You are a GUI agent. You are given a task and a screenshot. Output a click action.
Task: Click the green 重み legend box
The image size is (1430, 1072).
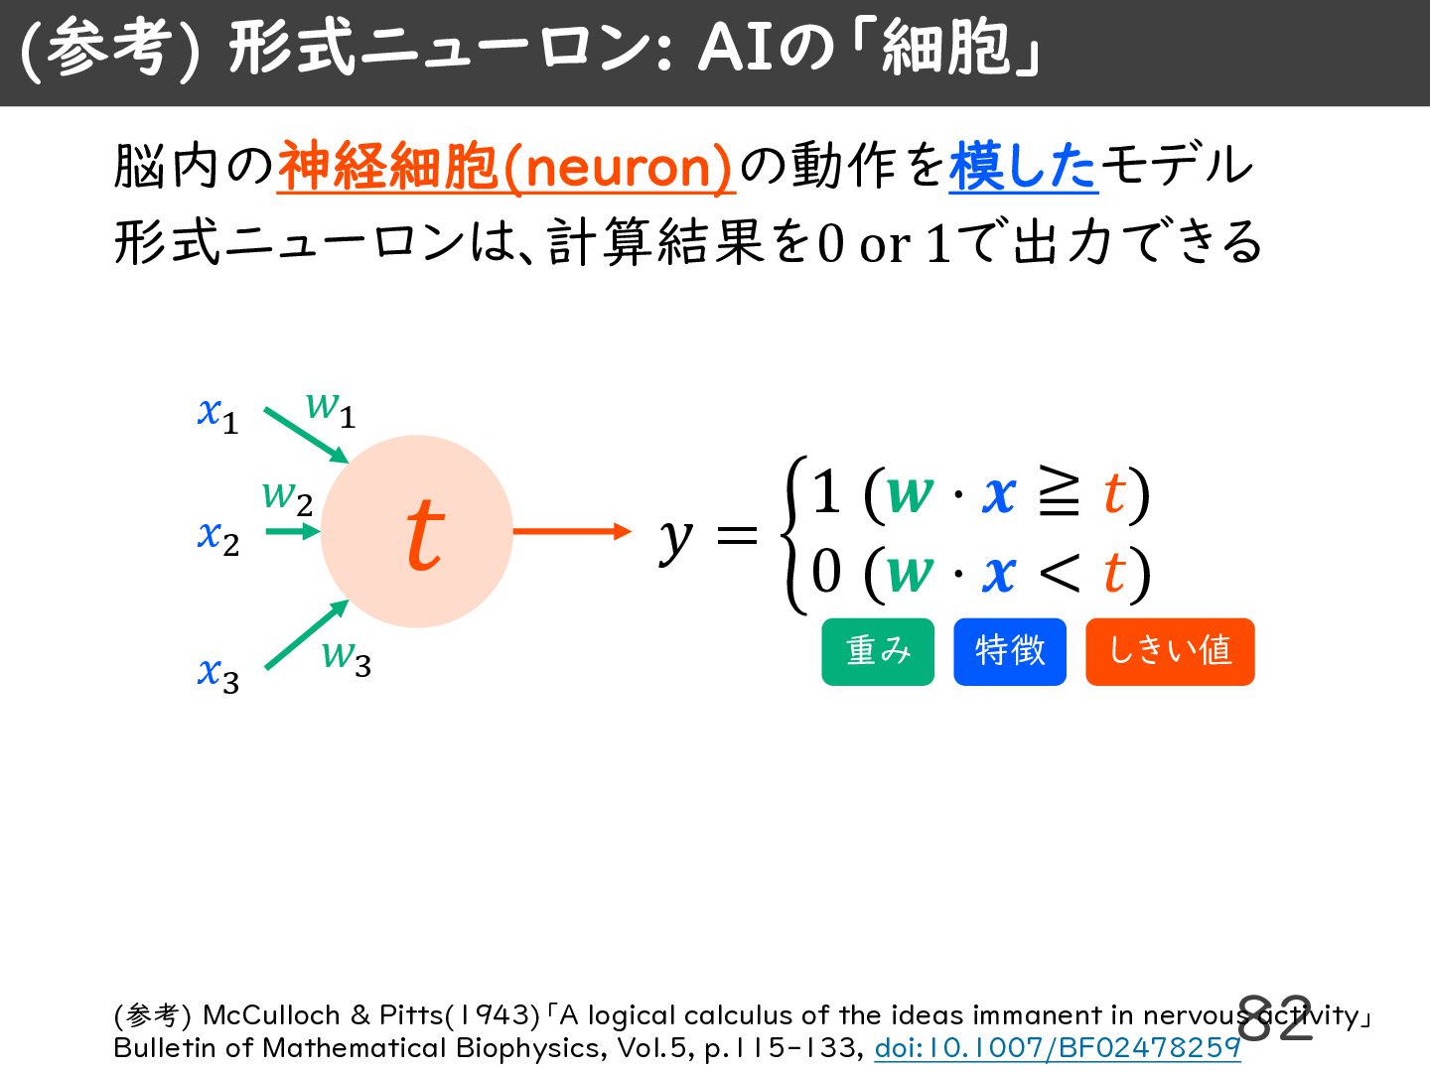pos(878,651)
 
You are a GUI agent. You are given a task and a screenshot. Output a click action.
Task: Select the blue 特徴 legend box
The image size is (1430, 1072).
pos(1010,651)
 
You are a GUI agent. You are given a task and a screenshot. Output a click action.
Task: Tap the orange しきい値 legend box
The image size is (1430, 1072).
pos(1170,651)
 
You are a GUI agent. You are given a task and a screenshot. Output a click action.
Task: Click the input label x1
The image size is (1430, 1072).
pos(218,415)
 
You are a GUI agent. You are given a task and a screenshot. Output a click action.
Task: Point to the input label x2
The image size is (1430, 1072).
pos(218,538)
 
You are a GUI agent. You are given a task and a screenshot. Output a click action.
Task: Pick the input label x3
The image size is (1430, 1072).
pos(218,675)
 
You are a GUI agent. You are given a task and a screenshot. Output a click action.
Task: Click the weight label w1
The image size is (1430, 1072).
pos(331,410)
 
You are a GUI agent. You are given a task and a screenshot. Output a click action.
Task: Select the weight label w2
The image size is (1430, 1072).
pos(287,498)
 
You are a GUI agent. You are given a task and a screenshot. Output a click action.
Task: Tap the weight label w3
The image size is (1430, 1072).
pos(347,657)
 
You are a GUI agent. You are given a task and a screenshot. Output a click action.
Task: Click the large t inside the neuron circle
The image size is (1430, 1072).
pos(425,534)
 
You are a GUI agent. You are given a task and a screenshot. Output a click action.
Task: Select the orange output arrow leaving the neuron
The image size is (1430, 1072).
pos(572,532)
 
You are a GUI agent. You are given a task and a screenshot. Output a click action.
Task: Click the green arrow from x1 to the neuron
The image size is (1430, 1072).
pos(306,436)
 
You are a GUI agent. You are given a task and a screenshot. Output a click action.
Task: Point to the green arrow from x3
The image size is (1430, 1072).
pos(307,634)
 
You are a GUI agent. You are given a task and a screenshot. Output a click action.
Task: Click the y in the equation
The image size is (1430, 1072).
pos(675,539)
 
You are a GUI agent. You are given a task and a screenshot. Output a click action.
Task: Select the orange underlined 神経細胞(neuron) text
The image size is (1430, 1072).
pos(506,168)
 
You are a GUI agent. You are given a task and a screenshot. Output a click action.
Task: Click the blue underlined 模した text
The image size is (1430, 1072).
pos(1024,168)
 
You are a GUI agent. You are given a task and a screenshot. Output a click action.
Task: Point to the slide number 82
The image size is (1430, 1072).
pos(1275,1018)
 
